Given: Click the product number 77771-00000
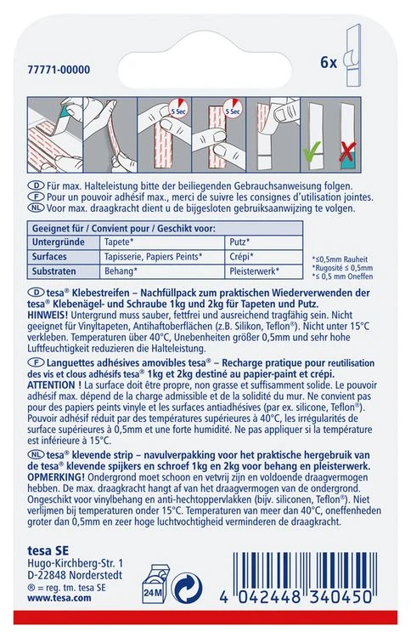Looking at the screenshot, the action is [59, 70].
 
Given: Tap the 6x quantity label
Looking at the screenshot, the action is [329, 62].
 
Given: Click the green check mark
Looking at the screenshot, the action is [312, 150].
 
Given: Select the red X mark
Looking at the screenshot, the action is [347, 151].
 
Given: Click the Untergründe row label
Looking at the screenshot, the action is [59, 242].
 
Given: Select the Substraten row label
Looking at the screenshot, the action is [54, 271].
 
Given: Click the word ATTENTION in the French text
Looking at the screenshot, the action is [51, 385].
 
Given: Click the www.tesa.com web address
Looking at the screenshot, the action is [59, 598].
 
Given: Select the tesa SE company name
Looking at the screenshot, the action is [48, 551].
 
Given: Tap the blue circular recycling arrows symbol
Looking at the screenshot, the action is [187, 588].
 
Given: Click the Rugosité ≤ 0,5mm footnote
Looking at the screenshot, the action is [342, 268].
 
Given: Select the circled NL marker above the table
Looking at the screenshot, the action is [36, 208].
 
